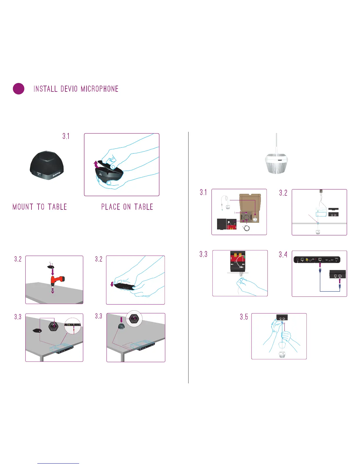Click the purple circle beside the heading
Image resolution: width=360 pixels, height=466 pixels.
[x=19, y=89]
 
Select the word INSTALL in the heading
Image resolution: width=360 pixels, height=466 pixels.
[x=45, y=89]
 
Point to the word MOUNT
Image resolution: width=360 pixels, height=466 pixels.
[x=23, y=207]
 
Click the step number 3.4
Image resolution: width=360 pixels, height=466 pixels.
[x=283, y=254]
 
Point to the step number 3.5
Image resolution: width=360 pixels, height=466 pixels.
[x=244, y=317]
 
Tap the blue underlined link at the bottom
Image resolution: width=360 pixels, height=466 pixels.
[x=58, y=463]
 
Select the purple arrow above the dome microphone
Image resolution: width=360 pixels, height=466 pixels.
[x=121, y=320]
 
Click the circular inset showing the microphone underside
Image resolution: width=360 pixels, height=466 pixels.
[x=134, y=319]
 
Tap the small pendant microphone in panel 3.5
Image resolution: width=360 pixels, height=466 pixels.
[x=282, y=355]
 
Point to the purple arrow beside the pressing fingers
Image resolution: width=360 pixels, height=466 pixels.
[x=112, y=284]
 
